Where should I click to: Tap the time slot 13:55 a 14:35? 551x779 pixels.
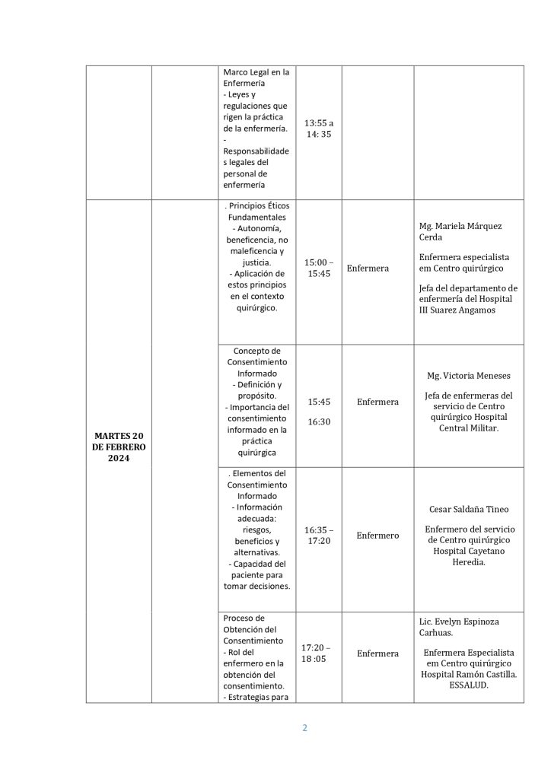pyautogui.click(x=319, y=128)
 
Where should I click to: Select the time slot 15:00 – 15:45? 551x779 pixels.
pyautogui.click(x=319, y=268)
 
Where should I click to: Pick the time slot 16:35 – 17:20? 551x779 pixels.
pyautogui.click(x=319, y=535)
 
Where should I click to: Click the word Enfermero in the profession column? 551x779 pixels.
pyautogui.click(x=377, y=536)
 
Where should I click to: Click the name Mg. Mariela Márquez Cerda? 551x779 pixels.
pyautogui.click(x=460, y=231)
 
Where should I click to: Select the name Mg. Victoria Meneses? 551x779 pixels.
pyautogui.click(x=468, y=376)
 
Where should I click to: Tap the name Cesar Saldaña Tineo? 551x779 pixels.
pyautogui.click(x=469, y=509)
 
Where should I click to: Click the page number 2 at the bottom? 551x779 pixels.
pyautogui.click(x=304, y=727)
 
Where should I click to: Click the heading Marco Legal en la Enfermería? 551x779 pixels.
pyautogui.click(x=256, y=78)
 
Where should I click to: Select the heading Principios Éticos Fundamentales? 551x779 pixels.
pyautogui.click(x=256, y=211)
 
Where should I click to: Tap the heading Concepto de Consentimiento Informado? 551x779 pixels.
pyautogui.click(x=256, y=362)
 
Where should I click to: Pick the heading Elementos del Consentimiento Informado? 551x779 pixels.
pyautogui.click(x=256, y=485)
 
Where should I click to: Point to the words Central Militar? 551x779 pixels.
pyautogui.click(x=469, y=428)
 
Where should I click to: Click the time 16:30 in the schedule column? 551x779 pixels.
pyautogui.click(x=319, y=421)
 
